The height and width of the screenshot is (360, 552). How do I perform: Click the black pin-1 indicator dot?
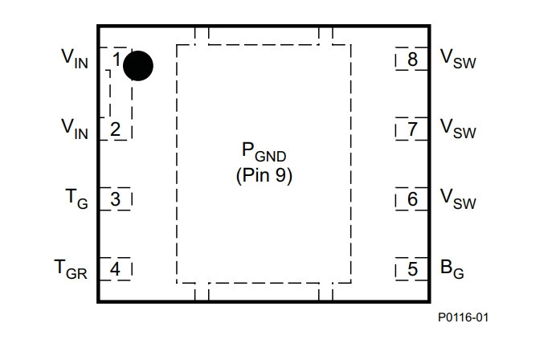pos(138,66)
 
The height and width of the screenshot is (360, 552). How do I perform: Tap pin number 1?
pos(117,59)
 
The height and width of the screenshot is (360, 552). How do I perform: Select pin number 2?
pos(115,129)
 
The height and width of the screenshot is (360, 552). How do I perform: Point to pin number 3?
pos(115,199)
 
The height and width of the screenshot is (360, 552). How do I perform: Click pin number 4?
pos(115,269)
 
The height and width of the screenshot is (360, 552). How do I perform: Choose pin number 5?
pos(412,269)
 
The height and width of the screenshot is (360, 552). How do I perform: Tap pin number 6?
pos(412,199)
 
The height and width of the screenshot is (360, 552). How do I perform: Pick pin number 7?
pos(412,129)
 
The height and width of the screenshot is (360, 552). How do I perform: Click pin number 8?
pos(412,59)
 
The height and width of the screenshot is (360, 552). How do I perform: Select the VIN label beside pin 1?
pos(74,59)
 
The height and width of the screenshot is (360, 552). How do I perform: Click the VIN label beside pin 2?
pos(74,129)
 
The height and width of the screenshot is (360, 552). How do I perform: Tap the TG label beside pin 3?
pos(76,198)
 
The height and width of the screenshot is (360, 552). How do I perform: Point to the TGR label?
pos(71,269)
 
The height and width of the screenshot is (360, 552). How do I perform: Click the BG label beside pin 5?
pos(452,269)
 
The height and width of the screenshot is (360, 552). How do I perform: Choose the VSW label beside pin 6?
pos(458,198)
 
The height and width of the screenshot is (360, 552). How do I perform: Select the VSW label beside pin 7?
pos(458,129)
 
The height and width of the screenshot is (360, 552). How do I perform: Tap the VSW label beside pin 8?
pos(458,59)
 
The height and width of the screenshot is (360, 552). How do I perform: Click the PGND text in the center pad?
pos(264,152)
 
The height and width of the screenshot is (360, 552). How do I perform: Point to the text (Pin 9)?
pos(264,175)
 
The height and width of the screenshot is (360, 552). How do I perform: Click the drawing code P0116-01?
pos(464,317)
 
